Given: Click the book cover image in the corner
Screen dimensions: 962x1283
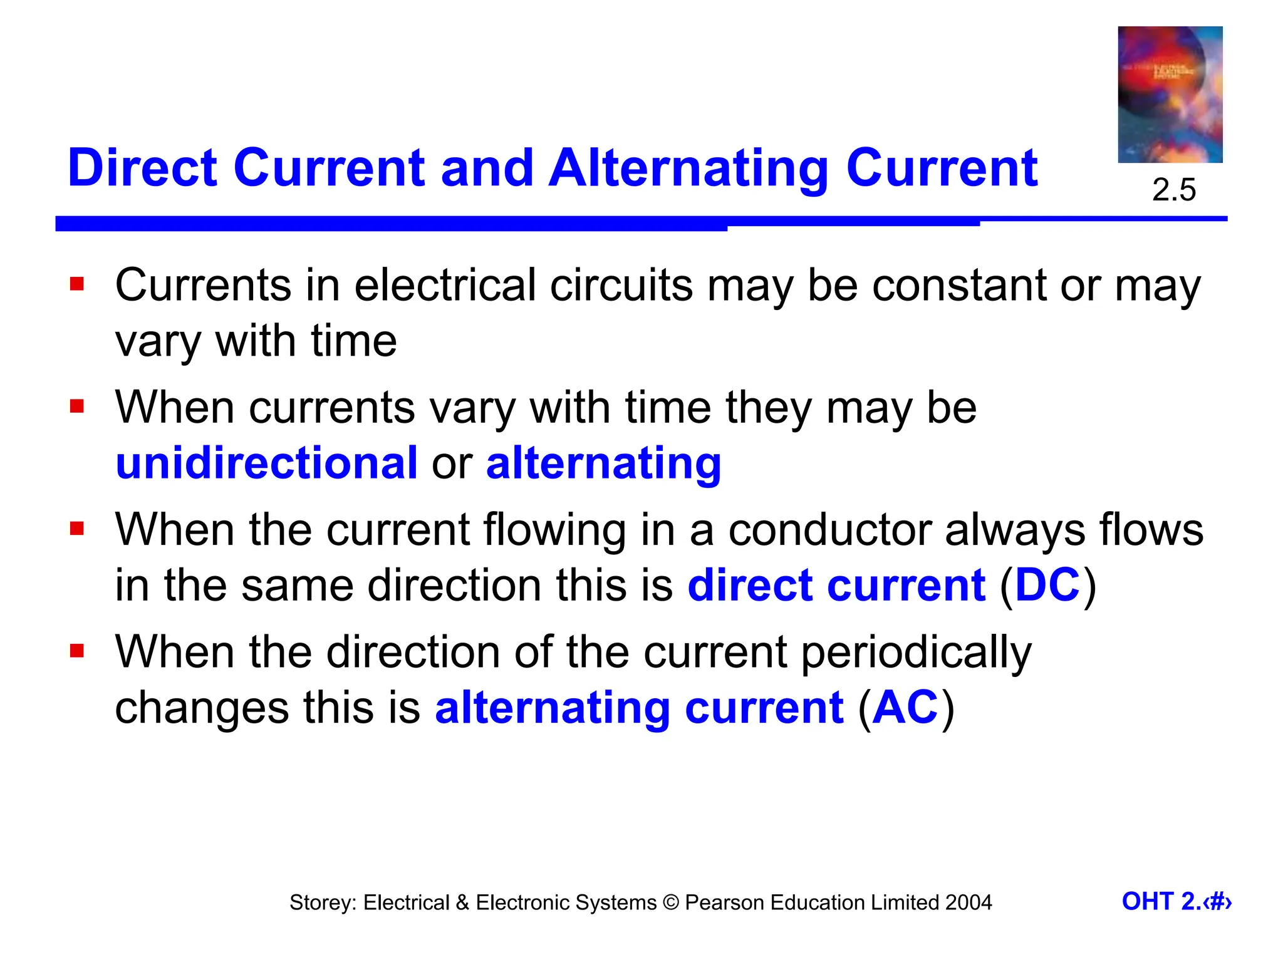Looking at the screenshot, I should coord(1170,95).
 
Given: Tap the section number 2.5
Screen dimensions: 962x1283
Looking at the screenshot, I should coord(1173,190).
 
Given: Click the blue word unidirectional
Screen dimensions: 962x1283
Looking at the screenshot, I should coord(267,463).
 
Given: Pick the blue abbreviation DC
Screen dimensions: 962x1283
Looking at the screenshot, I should coord(1047,585).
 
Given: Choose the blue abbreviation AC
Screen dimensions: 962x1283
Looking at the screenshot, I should coord(905,708).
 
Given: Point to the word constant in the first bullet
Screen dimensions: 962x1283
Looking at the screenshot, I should coord(958,286).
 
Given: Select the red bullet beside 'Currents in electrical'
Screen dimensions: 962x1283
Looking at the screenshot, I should coord(77,285).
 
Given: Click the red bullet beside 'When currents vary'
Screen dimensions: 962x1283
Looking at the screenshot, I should coord(77,407).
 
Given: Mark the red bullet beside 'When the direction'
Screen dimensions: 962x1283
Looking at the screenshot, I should coord(77,651).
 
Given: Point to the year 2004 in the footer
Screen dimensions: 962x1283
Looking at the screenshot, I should coord(969,903).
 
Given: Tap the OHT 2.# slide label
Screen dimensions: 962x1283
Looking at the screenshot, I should coord(1176,902).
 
